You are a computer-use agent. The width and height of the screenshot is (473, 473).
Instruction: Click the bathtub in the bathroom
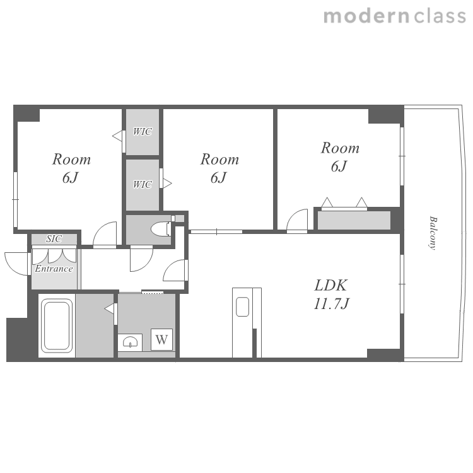pos(57,326)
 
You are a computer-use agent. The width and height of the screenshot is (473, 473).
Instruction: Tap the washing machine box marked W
pos(161,340)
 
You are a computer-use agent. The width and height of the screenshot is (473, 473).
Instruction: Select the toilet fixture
pos(161,230)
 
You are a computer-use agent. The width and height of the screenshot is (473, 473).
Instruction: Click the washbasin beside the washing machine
pos(130,342)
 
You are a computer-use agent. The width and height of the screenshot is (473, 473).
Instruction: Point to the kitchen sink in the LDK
pos(243,307)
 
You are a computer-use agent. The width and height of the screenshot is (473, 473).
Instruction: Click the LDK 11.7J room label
pos(331,294)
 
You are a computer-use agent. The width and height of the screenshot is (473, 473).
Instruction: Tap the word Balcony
pos(433,233)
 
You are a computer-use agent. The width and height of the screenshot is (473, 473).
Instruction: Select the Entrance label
pos(54,269)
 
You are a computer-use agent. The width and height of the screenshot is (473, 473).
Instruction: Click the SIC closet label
pos(54,239)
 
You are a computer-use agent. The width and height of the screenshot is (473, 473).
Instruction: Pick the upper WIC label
pos(143,132)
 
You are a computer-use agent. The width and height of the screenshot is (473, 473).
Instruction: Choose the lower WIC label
pos(143,184)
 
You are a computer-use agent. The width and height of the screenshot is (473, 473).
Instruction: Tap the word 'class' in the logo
pos(440,16)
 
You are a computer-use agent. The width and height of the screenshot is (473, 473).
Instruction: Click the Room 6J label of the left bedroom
pos(71,168)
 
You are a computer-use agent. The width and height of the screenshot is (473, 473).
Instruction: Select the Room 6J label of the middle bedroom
pos(219,168)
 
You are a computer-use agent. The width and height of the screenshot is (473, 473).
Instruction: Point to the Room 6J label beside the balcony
pos(340,156)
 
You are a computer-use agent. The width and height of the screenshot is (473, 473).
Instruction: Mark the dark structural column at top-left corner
pos(26,114)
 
